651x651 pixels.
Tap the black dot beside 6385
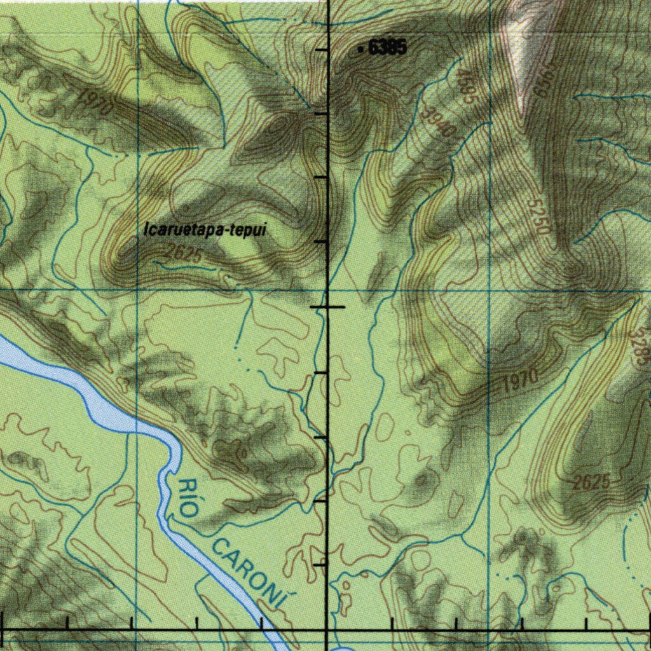coord(361,48)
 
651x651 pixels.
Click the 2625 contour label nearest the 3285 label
coord(591,483)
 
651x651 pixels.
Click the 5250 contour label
coord(538,216)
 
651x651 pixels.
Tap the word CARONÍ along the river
coord(248,569)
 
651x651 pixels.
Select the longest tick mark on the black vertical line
coord(327,307)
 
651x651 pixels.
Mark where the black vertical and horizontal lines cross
coord(327,629)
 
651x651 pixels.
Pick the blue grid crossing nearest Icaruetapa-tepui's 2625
coord(138,290)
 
